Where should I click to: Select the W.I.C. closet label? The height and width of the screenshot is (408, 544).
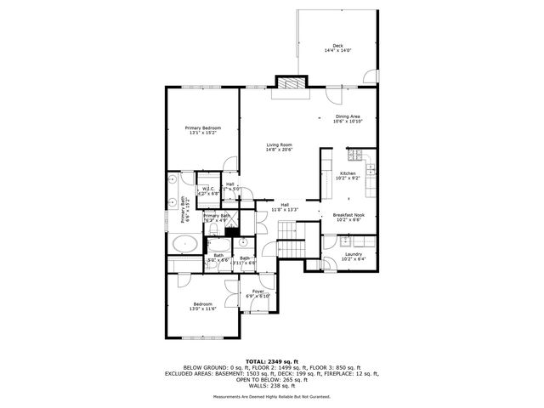tap(208, 190)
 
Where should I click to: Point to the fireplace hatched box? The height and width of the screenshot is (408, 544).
tap(290, 83)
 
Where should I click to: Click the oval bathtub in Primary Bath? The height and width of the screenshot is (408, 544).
tap(185, 245)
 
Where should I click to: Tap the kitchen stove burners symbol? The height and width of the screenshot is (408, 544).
tap(357, 155)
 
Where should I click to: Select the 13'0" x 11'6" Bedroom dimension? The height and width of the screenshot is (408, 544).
tap(202, 309)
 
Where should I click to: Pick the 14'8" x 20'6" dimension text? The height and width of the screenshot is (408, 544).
tap(279, 150)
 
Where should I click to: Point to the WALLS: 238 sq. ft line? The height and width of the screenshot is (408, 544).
tap(271, 387)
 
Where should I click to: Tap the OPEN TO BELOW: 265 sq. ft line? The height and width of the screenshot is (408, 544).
tap(271, 381)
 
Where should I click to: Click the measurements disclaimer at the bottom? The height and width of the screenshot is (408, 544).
tap(271, 397)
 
